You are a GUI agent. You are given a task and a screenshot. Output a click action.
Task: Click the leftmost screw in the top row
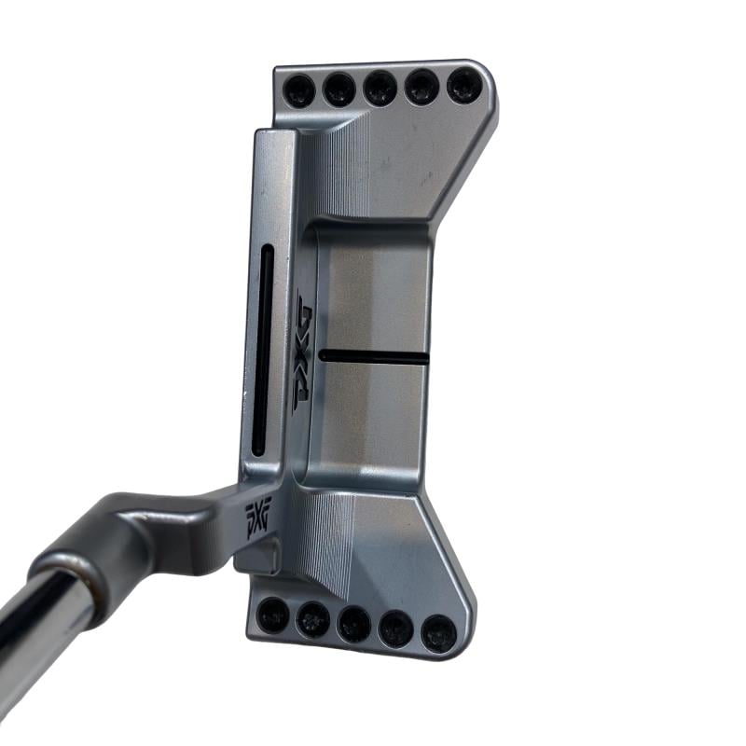pos(298,90)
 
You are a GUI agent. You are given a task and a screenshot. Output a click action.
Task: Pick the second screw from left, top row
pos(338,90)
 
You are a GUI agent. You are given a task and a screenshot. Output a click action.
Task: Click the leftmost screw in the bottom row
pos(272,615)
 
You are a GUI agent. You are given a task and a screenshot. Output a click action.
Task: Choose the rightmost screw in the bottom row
pos(438,634)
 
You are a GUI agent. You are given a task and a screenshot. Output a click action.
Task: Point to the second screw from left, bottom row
pos(312,619)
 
